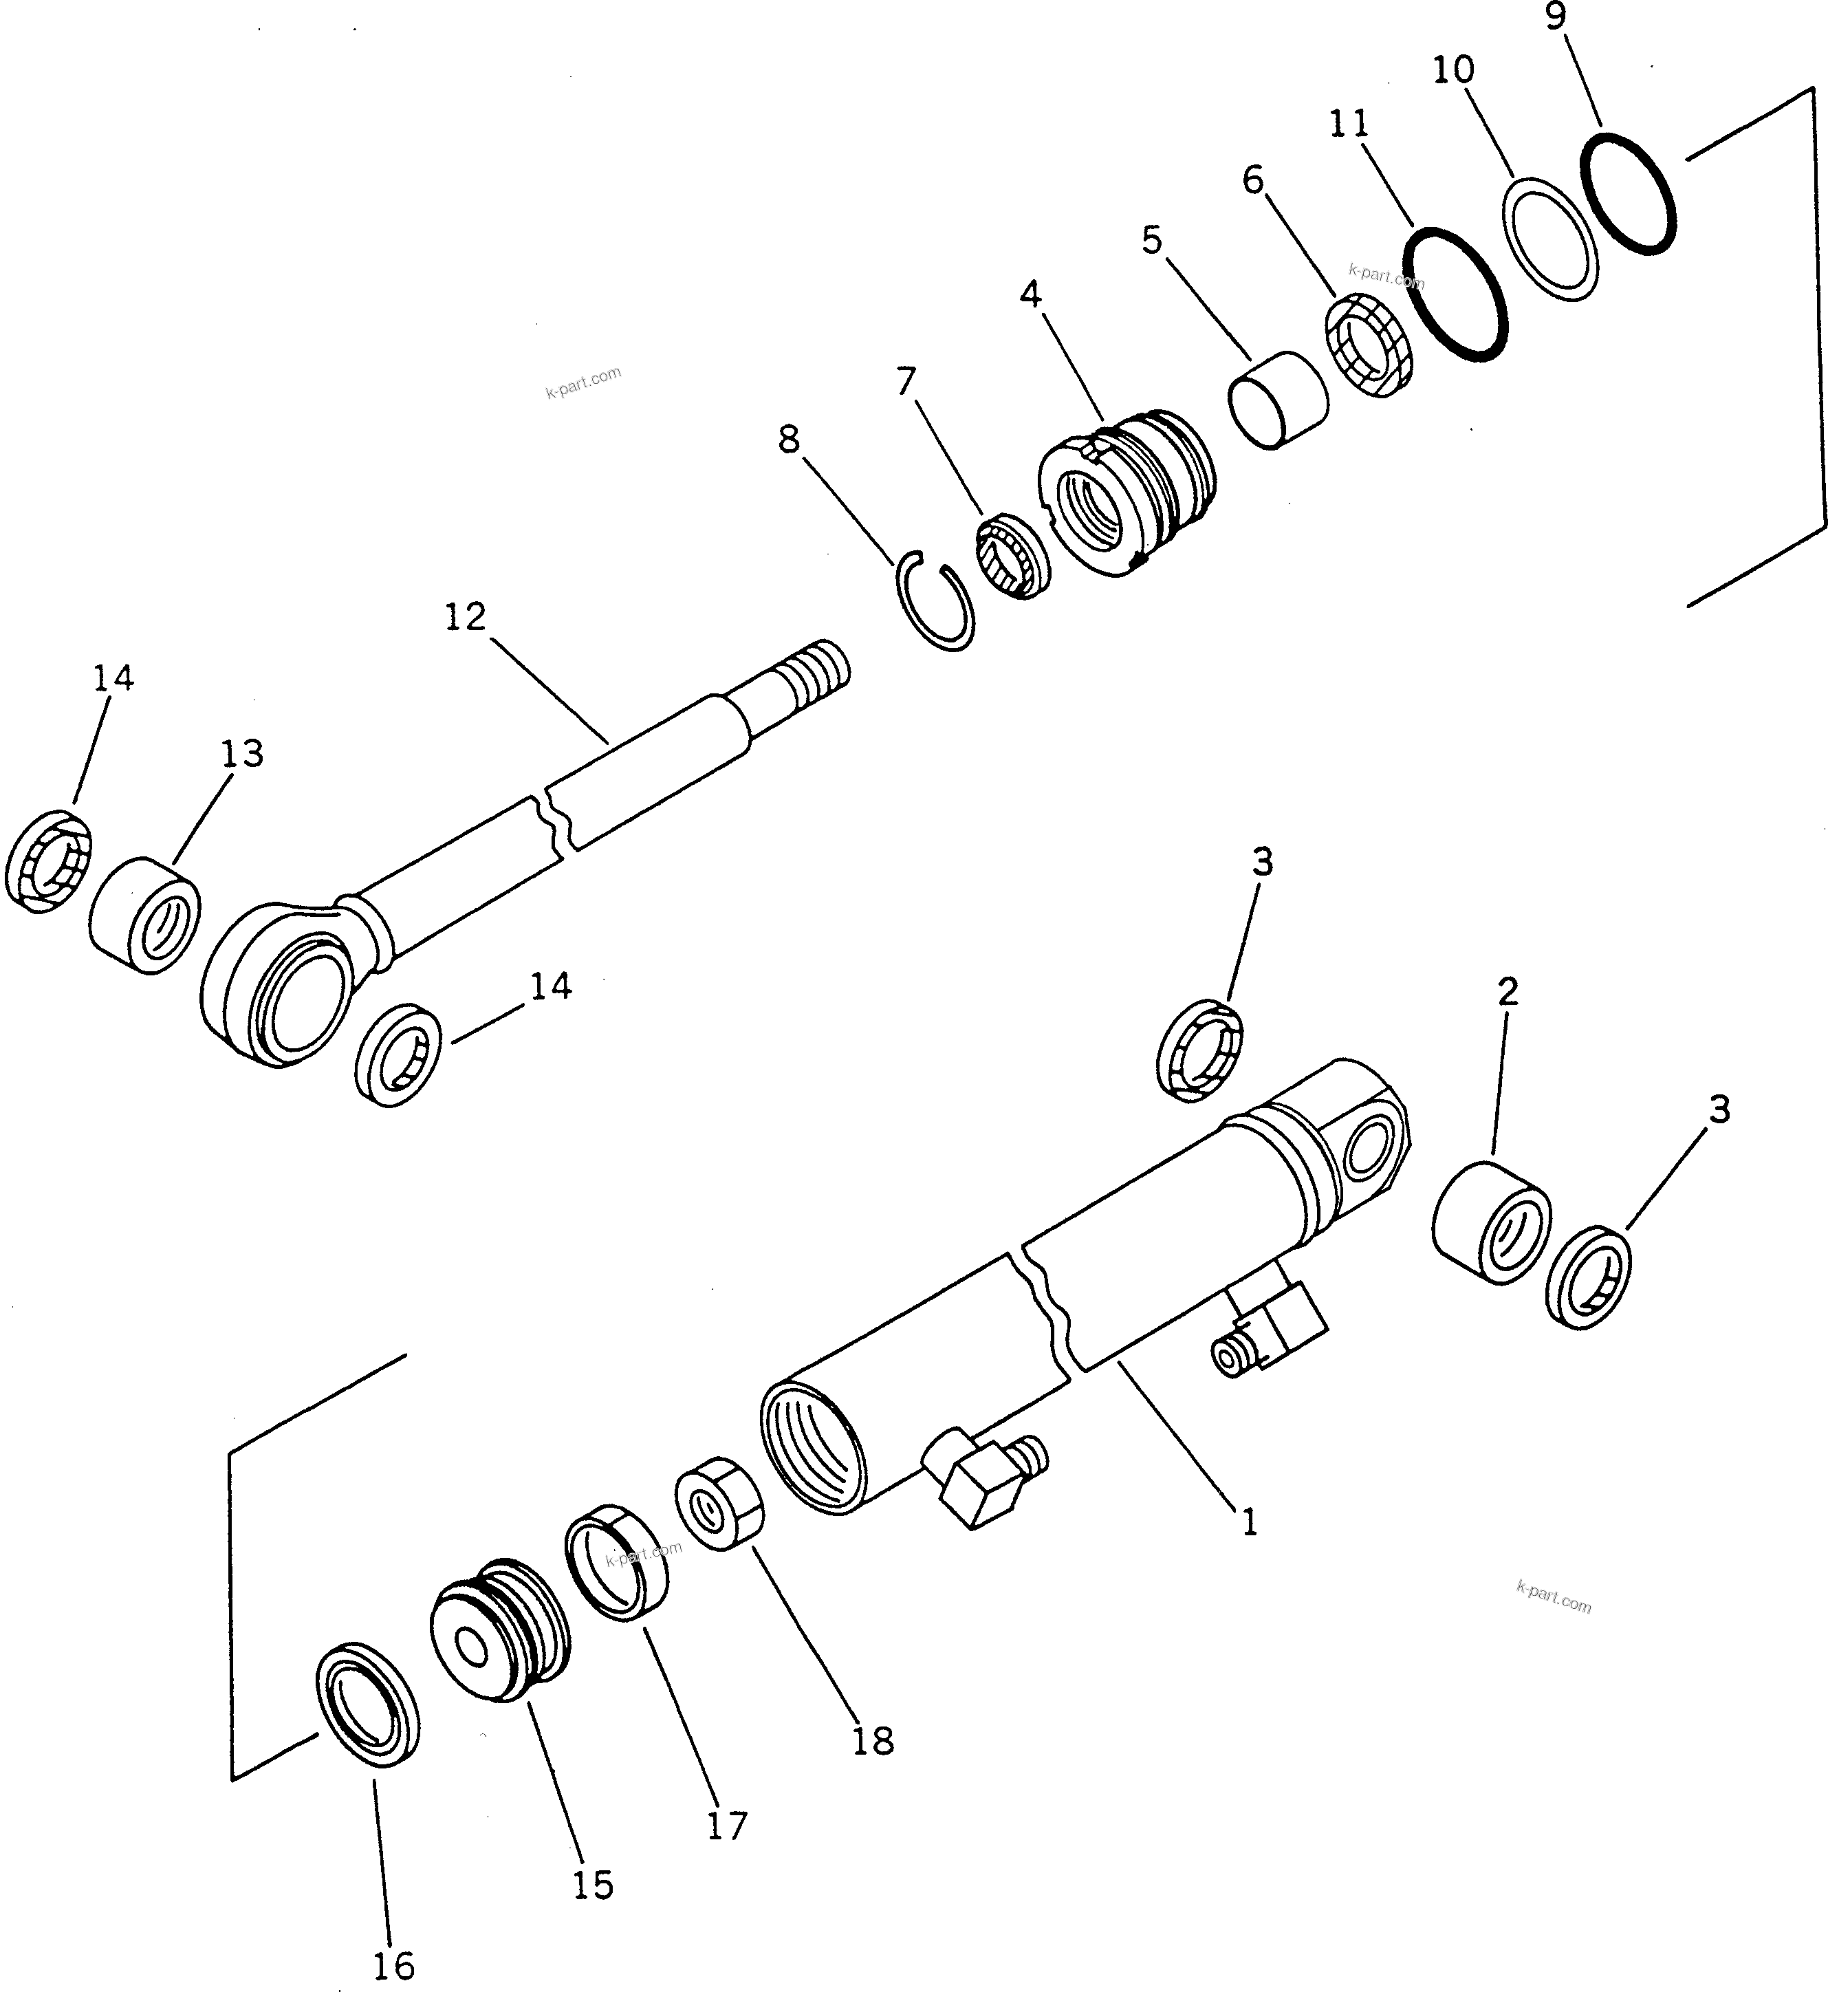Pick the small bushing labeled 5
tap(1278, 400)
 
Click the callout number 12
tap(465, 616)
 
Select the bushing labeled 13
tap(145, 915)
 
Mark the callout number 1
tap(1250, 1522)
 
